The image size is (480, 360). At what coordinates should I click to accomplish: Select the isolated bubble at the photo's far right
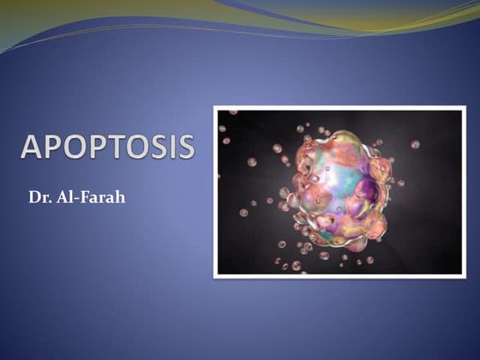tap(415, 144)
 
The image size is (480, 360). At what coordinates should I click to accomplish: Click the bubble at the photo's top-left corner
tap(233, 112)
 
